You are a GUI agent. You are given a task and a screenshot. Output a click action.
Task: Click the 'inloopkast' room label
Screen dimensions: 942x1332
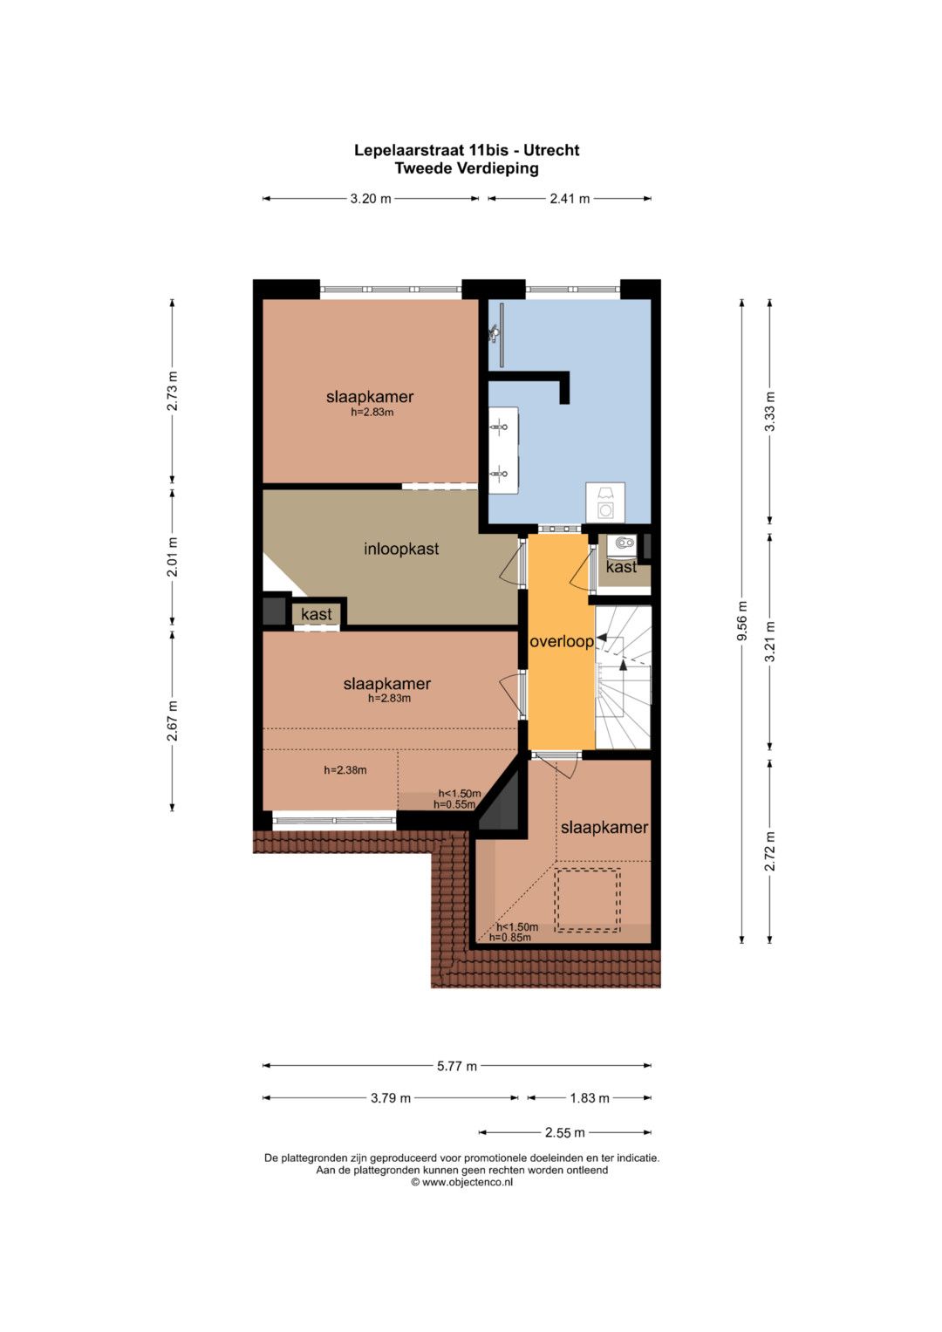(x=401, y=549)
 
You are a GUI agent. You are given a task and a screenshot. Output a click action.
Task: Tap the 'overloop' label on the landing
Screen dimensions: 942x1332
(x=562, y=642)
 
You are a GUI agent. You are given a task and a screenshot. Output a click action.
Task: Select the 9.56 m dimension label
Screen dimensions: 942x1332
(x=741, y=621)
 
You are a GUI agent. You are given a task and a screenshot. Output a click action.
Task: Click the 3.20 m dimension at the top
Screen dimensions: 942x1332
(x=371, y=199)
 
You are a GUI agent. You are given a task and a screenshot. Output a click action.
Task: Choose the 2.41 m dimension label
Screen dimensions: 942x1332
(x=569, y=199)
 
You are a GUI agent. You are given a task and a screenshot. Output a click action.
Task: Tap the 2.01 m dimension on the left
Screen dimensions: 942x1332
(x=173, y=557)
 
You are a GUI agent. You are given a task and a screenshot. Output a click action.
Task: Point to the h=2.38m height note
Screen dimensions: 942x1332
(x=345, y=770)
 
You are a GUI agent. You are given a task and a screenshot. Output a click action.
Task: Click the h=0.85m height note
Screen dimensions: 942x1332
(x=509, y=938)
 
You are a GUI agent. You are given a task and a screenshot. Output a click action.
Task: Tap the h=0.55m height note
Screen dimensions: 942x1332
(x=454, y=804)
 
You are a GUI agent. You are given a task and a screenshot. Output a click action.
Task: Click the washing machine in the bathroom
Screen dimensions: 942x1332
(x=605, y=503)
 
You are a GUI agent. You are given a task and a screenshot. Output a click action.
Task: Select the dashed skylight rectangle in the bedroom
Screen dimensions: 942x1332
(x=587, y=899)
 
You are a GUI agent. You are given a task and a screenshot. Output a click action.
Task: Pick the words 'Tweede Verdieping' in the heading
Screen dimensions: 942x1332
(x=467, y=168)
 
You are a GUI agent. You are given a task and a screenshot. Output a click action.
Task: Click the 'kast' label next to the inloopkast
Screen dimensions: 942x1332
(x=316, y=614)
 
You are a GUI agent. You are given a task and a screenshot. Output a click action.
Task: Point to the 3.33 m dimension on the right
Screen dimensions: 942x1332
(x=769, y=412)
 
